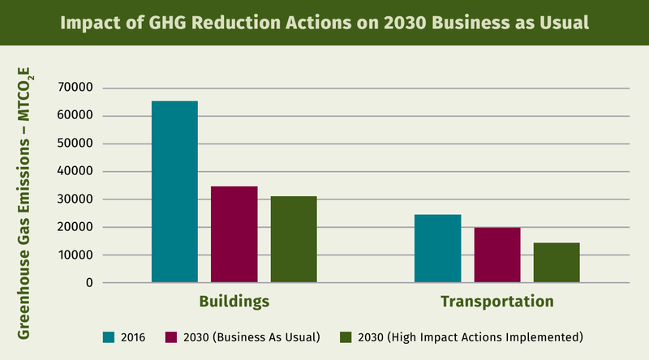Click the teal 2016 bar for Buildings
pyautogui.click(x=174, y=192)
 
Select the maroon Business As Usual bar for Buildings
pyautogui.click(x=234, y=234)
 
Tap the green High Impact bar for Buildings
pyautogui.click(x=294, y=239)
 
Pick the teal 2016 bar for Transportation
pyautogui.click(x=437, y=248)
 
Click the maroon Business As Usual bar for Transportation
pyautogui.click(x=497, y=255)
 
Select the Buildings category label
pyautogui.click(x=234, y=302)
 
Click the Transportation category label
pyautogui.click(x=497, y=302)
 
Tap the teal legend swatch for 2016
pyautogui.click(x=108, y=336)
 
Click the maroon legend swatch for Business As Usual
pyautogui.click(x=171, y=336)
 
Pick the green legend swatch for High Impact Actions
pyautogui.click(x=345, y=336)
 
